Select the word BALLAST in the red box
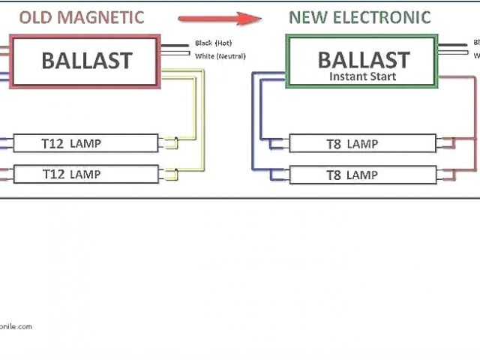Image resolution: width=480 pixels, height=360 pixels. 86,61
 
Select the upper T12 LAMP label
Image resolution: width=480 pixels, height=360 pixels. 71,143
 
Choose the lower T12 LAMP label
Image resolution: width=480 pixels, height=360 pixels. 71,174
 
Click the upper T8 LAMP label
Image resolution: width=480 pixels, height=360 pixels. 352,144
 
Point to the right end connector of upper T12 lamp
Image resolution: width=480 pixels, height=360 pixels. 169,143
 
